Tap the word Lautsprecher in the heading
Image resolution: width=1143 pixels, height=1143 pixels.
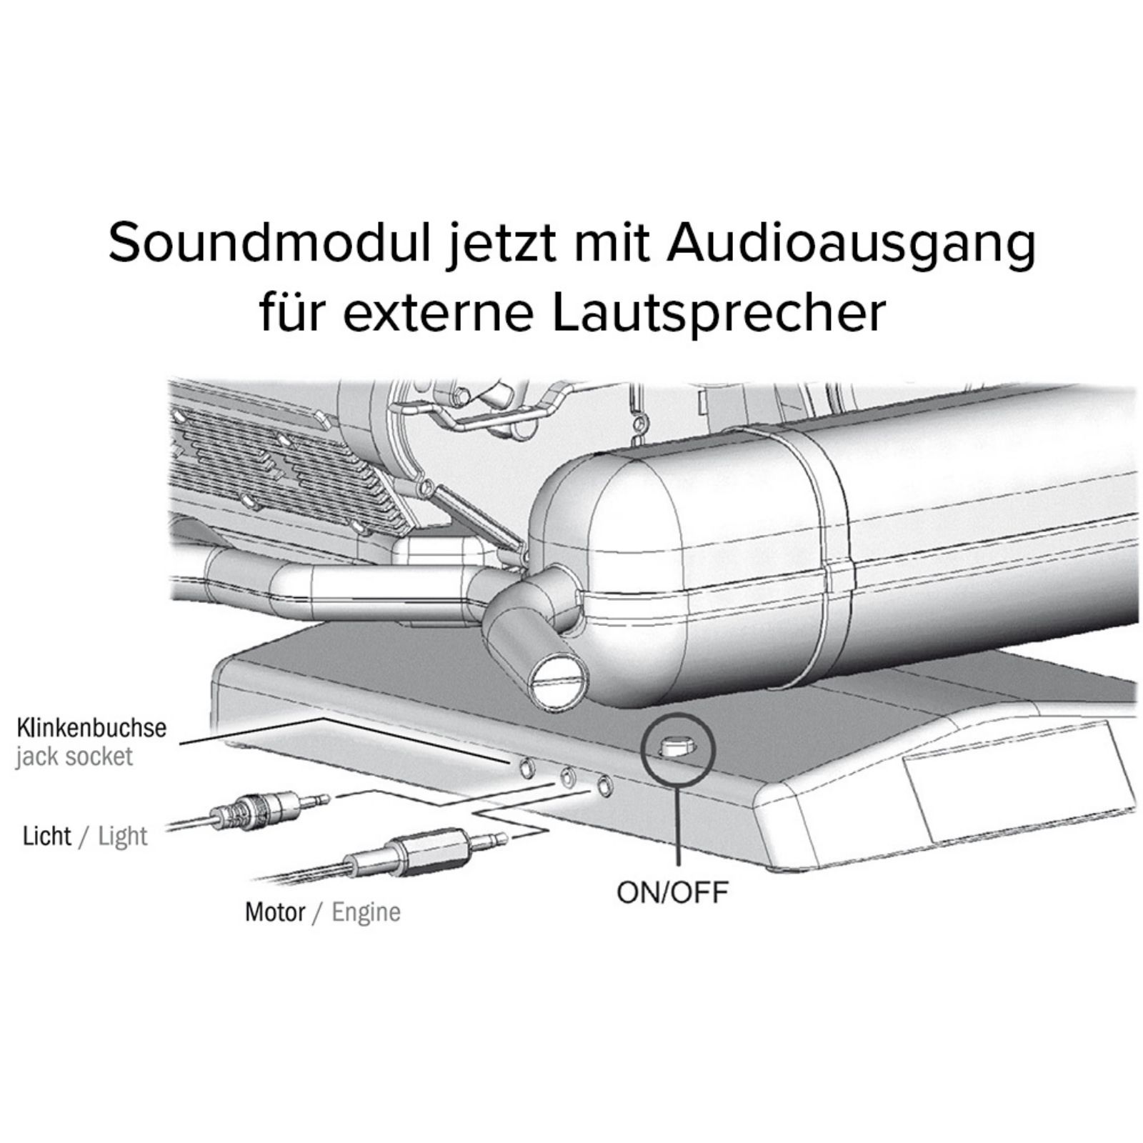(719, 311)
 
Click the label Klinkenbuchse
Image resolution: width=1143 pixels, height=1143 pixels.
(91, 728)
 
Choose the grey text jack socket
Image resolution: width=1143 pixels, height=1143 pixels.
(74, 757)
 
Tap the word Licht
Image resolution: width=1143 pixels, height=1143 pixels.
(47, 836)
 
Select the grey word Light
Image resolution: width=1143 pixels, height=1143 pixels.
(123, 837)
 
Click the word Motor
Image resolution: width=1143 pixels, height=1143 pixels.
(275, 912)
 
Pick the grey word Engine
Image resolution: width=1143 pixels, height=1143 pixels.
(366, 913)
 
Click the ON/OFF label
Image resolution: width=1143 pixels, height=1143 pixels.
(672, 892)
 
